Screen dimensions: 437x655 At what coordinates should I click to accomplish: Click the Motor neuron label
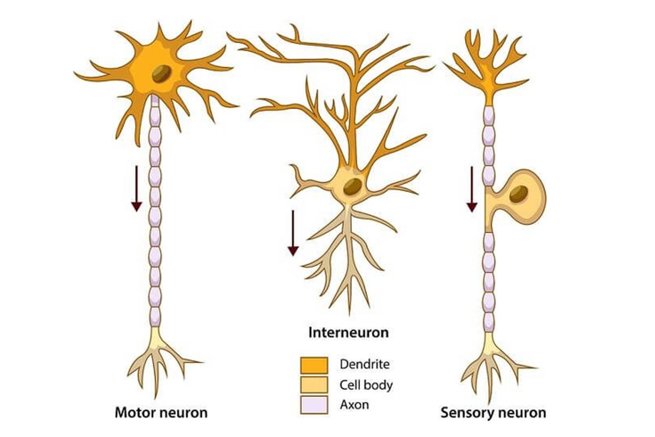pyautogui.click(x=160, y=412)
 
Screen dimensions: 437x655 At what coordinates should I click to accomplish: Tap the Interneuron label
pyautogui.click(x=349, y=332)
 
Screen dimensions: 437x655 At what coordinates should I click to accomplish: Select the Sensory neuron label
pyautogui.click(x=493, y=412)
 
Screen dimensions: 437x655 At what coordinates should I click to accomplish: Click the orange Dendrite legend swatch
pyautogui.click(x=314, y=365)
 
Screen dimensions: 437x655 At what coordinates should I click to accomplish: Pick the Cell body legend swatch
pyautogui.click(x=314, y=385)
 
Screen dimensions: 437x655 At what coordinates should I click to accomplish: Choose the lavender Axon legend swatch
pyautogui.click(x=314, y=405)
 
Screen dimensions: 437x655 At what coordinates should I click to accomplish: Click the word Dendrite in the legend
pyautogui.click(x=365, y=364)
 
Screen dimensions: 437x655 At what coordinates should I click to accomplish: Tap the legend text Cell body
pyautogui.click(x=366, y=385)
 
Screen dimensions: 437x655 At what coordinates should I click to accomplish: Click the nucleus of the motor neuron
pyautogui.click(x=161, y=74)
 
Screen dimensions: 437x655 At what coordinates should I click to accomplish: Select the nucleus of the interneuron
pyautogui.click(x=352, y=186)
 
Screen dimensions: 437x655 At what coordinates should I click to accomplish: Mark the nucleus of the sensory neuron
pyautogui.click(x=519, y=193)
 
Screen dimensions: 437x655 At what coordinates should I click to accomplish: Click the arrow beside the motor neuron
pyautogui.click(x=136, y=188)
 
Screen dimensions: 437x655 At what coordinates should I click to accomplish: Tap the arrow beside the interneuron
pyautogui.click(x=293, y=233)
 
